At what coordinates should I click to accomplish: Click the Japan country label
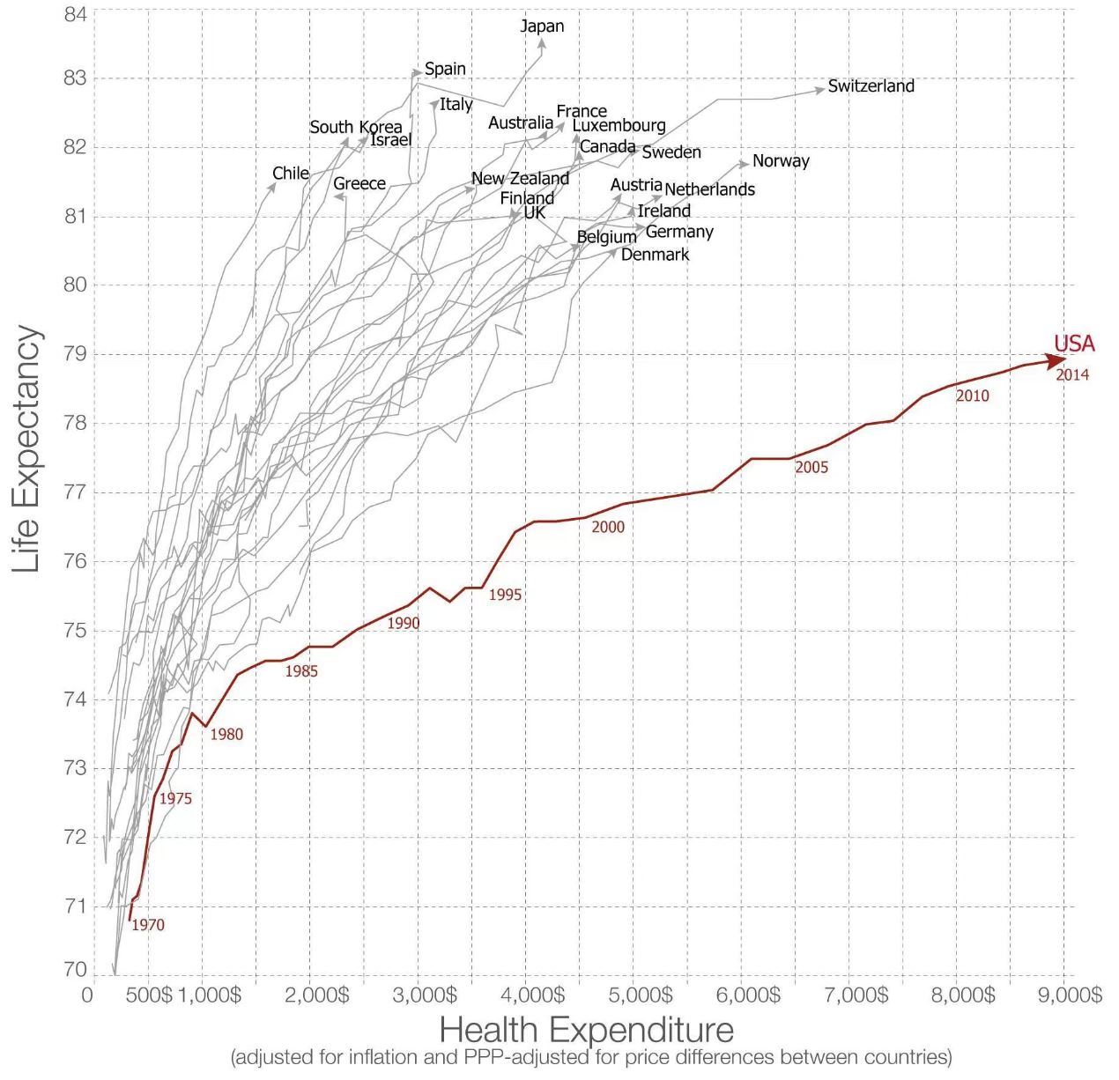click(542, 26)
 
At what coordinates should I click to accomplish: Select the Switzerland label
click(871, 86)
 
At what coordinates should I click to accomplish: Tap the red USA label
click(1073, 344)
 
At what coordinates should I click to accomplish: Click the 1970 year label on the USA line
click(147, 925)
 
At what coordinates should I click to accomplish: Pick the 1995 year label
click(505, 595)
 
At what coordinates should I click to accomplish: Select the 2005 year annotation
click(811, 468)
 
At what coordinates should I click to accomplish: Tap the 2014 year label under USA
click(1072, 375)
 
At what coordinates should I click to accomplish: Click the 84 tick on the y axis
click(75, 15)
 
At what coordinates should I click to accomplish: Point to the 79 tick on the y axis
click(75, 354)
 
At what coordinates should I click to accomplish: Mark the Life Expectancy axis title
click(27, 449)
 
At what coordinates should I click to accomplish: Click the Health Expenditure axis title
click(586, 1030)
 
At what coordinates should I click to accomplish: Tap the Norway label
click(781, 161)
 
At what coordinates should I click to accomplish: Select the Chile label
click(290, 174)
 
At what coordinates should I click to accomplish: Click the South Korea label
click(355, 128)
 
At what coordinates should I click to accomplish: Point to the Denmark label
click(655, 255)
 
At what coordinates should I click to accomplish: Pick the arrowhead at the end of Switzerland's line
click(820, 88)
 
